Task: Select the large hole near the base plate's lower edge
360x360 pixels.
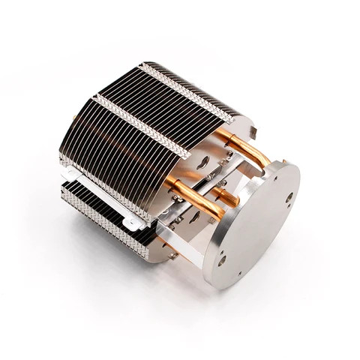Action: point(222,260)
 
